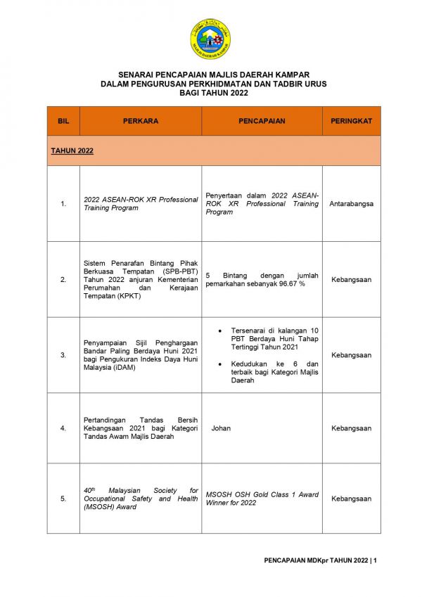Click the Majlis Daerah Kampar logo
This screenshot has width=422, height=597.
click(x=210, y=39)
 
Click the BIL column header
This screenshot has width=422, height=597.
click(x=63, y=121)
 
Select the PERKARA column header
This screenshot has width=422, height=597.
click(x=141, y=121)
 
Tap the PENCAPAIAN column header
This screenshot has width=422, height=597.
click(x=262, y=121)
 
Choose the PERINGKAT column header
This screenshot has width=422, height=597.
click(x=351, y=121)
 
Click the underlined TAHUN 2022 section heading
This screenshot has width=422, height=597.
click(x=72, y=150)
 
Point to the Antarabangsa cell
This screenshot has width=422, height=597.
click(x=351, y=204)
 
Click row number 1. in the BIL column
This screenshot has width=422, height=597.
click(x=63, y=204)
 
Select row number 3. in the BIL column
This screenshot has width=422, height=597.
click(x=63, y=355)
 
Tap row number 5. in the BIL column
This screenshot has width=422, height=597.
click(x=63, y=499)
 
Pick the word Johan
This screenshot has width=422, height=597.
click(x=221, y=428)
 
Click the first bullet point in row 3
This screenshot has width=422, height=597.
click(x=222, y=330)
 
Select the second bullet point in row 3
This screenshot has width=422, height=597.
click(x=222, y=364)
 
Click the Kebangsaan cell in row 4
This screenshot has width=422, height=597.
click(x=351, y=428)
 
